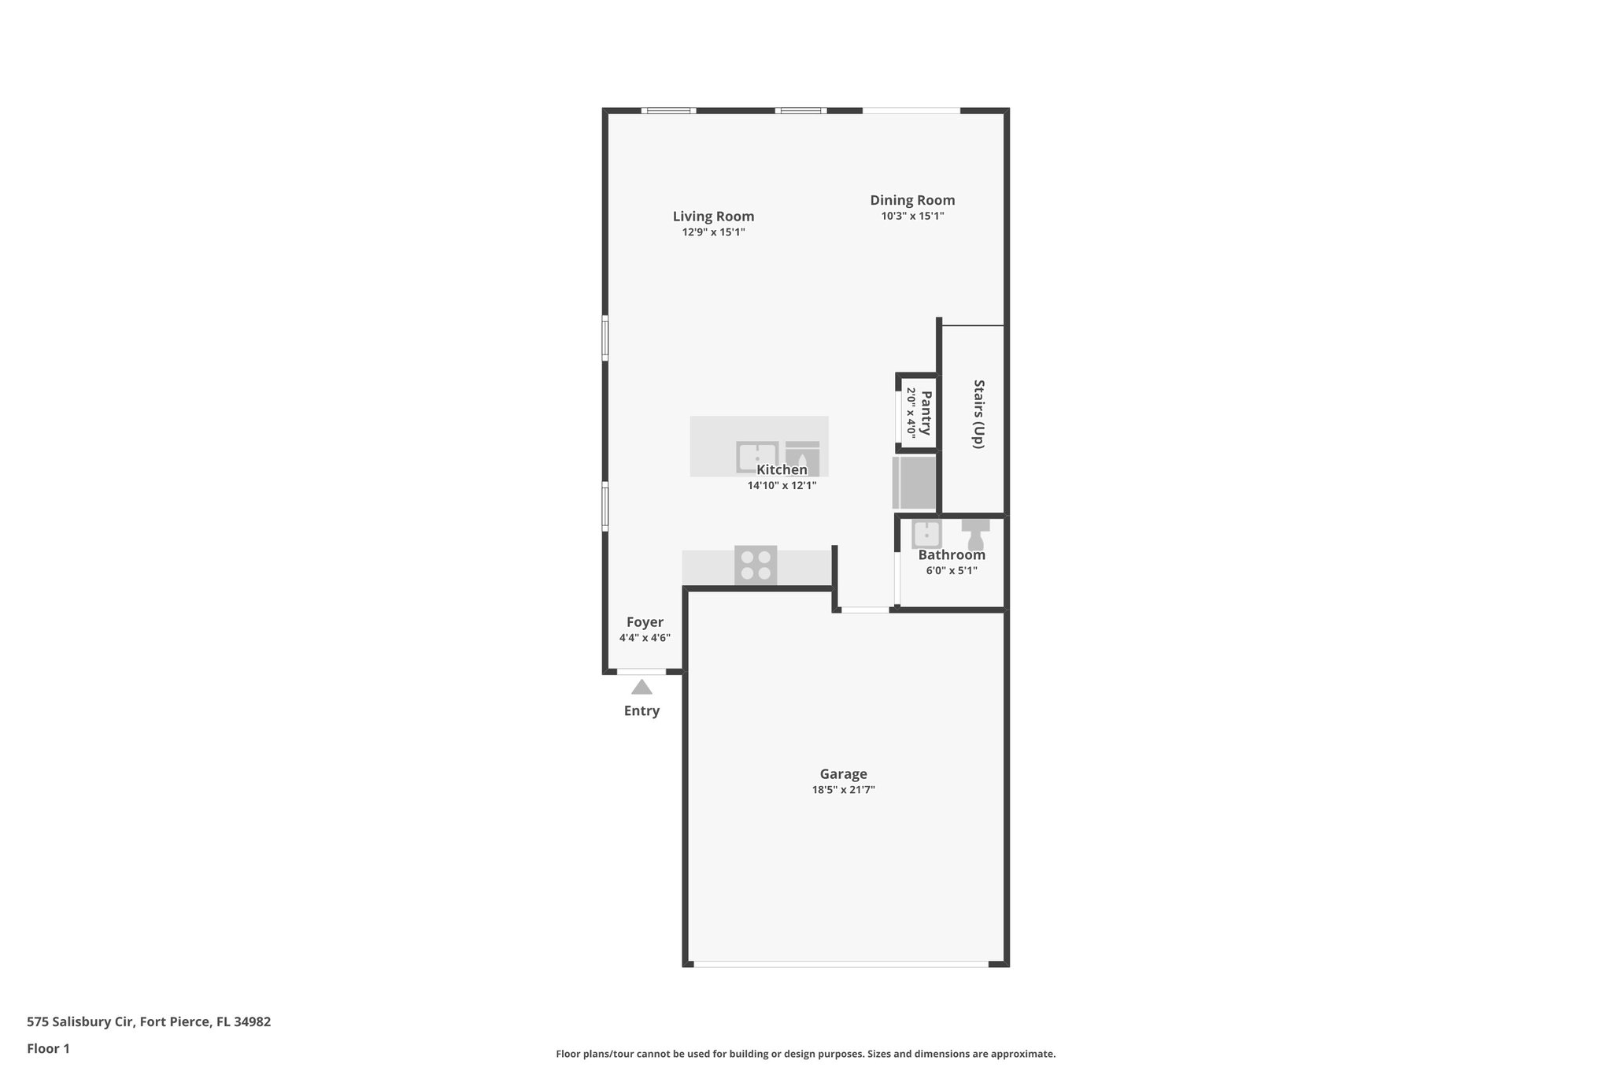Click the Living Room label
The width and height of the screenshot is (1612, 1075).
(x=713, y=217)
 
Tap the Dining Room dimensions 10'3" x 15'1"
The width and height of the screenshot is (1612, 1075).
(x=912, y=216)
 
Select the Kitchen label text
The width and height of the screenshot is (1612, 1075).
(x=782, y=470)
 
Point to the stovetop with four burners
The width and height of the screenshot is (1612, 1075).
(x=756, y=565)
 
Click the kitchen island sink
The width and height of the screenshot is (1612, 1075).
(x=756, y=456)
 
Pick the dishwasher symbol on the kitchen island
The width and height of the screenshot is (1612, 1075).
(x=802, y=458)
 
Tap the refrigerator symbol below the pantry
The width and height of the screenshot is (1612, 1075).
(x=914, y=482)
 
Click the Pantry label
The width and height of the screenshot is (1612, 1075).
(x=926, y=413)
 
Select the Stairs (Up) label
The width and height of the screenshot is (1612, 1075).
(x=978, y=414)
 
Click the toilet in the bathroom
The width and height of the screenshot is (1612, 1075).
(x=975, y=535)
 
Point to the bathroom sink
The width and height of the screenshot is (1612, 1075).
(x=926, y=534)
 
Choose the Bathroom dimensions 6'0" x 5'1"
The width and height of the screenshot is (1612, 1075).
(x=952, y=571)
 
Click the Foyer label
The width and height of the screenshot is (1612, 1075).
(x=645, y=622)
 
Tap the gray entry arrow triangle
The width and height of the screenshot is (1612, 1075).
(x=641, y=687)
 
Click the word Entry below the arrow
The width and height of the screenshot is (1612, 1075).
(x=641, y=711)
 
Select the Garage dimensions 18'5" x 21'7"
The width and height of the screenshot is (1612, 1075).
(x=843, y=790)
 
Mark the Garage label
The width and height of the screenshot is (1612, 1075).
(x=843, y=774)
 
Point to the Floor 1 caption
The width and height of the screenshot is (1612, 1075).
(x=48, y=1048)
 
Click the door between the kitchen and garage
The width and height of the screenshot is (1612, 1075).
(x=864, y=610)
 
